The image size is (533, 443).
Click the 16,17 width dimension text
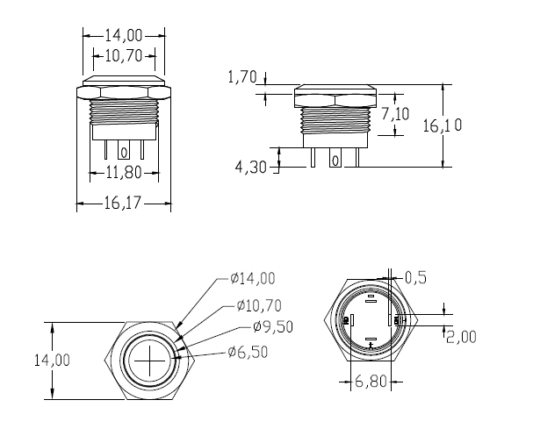click(123, 204)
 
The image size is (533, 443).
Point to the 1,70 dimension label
click(241, 77)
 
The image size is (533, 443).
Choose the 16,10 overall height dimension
click(443, 125)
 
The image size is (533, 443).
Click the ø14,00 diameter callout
click(252, 279)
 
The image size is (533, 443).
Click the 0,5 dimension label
click(416, 278)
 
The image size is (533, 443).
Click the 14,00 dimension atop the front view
click(124, 35)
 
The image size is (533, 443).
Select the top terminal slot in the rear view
click(371, 301)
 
